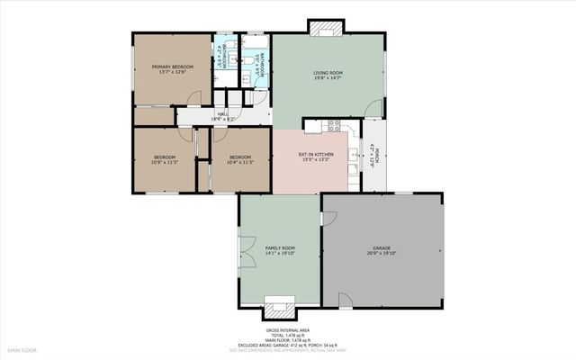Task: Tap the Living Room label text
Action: [328, 76]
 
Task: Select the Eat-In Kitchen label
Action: [316, 157]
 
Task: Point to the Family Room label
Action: [280, 250]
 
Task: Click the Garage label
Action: [382, 250]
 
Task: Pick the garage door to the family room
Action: [328, 219]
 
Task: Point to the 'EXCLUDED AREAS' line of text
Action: [287, 345]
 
